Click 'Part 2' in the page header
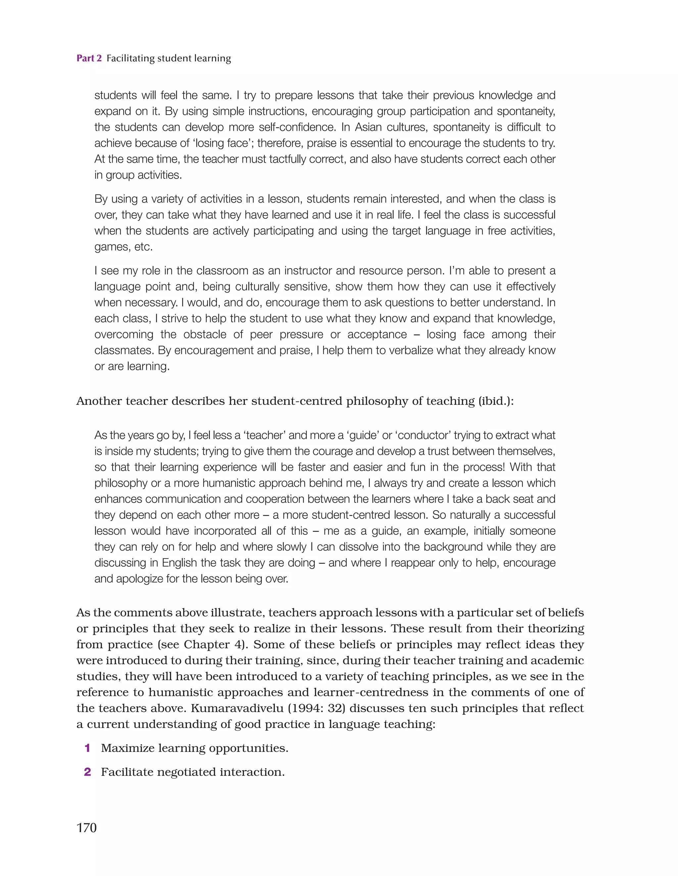click(x=89, y=59)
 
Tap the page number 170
click(x=86, y=827)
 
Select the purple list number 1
click(x=87, y=748)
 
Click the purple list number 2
click(x=87, y=772)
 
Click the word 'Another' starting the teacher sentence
click(x=99, y=401)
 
